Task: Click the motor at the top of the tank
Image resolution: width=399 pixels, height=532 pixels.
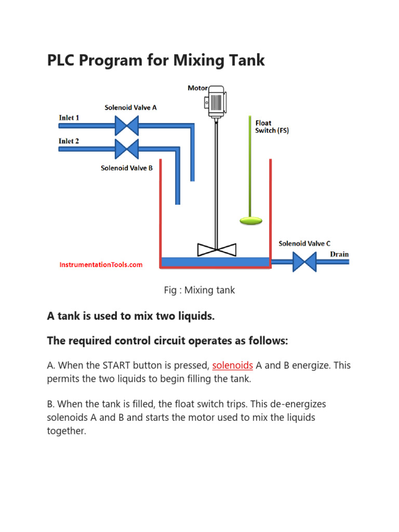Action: click(x=216, y=101)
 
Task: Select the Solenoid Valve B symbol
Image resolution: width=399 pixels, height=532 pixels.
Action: click(x=126, y=149)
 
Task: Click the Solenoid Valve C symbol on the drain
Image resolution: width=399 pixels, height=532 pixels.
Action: click(x=304, y=261)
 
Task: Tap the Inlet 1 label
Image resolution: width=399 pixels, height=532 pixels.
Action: click(x=69, y=118)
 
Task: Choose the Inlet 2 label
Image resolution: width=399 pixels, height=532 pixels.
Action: click(x=69, y=141)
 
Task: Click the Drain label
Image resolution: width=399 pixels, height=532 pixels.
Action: click(x=340, y=254)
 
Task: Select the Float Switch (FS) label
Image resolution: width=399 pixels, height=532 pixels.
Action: click(x=272, y=127)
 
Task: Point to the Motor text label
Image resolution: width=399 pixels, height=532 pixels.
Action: click(x=198, y=88)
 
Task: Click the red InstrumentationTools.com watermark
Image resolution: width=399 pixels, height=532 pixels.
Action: click(x=101, y=264)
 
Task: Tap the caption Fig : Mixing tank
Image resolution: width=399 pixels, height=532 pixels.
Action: click(x=199, y=290)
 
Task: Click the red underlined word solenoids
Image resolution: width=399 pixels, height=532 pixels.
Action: click(x=232, y=365)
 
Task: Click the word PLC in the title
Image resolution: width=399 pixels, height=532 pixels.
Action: click(x=63, y=60)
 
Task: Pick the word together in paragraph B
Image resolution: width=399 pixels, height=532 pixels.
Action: click(x=66, y=431)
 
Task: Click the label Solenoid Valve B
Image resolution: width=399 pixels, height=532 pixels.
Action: click(x=126, y=168)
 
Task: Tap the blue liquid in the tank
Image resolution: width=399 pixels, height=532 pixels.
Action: click(x=216, y=261)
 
